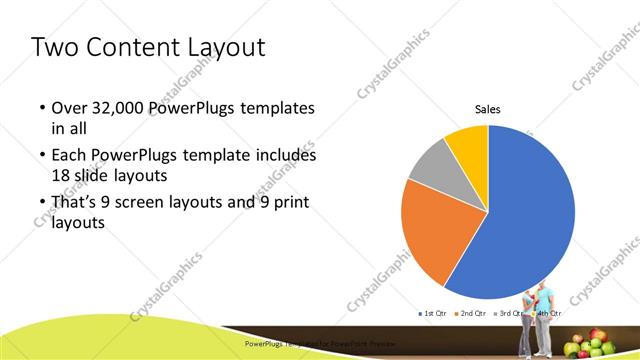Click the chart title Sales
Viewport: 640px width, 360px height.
click(487, 109)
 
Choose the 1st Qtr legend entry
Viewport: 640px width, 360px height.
click(432, 314)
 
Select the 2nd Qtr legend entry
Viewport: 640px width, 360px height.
click(469, 314)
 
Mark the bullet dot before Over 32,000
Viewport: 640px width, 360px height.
click(42, 108)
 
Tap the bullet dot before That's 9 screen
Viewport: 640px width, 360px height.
click(42, 203)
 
